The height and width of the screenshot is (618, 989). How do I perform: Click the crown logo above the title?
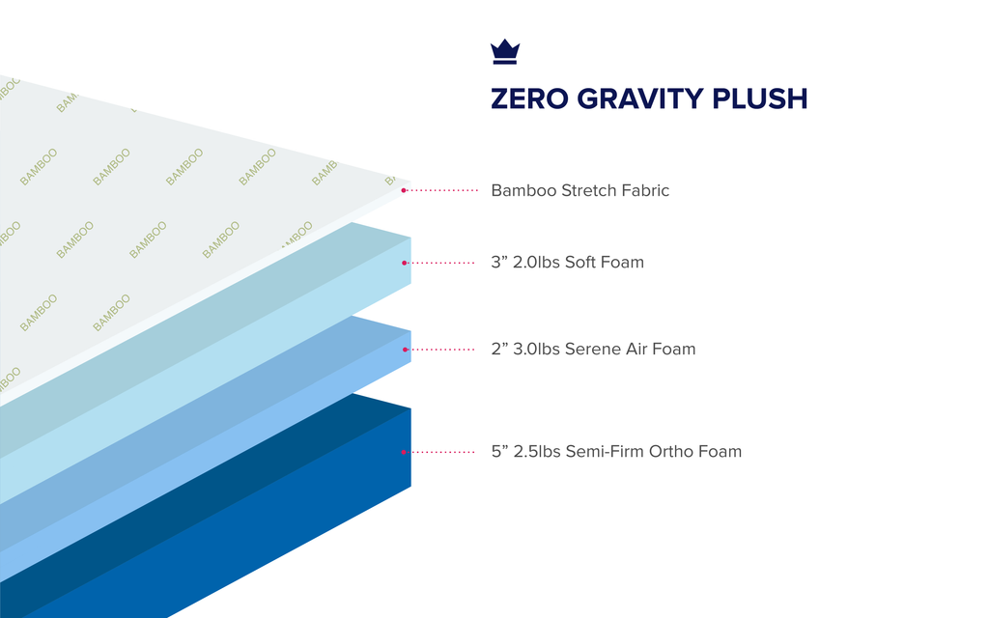(x=505, y=52)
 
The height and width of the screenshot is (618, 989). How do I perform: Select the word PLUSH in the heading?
(x=760, y=99)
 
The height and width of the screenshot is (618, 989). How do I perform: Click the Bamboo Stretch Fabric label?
(x=580, y=190)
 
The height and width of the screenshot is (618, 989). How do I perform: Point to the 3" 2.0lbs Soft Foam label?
(x=568, y=263)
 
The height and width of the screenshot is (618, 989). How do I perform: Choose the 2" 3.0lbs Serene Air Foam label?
(x=594, y=350)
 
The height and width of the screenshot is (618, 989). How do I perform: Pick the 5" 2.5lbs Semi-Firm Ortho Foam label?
(x=616, y=452)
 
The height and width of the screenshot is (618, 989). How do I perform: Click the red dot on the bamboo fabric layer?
(x=404, y=190)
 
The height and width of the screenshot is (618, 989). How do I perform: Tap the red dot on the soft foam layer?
(x=405, y=263)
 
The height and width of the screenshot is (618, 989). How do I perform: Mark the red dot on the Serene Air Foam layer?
(x=405, y=350)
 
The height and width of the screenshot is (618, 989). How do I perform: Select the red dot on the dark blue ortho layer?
(x=404, y=452)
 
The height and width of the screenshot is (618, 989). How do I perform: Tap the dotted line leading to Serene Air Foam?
(x=441, y=350)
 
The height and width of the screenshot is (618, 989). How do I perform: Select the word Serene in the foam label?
(x=592, y=350)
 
